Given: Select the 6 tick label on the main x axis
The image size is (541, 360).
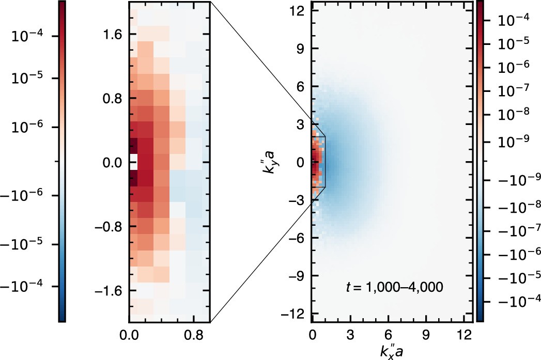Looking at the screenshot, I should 389,335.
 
